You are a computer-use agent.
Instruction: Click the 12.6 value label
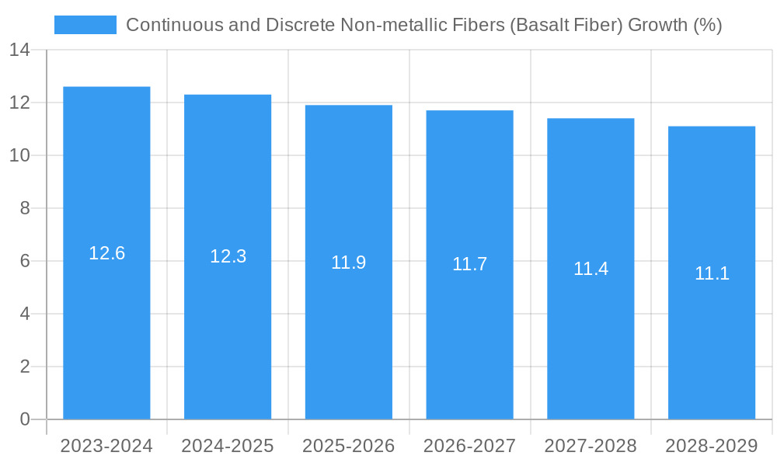point(107,253)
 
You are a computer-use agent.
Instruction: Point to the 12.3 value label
point(228,256)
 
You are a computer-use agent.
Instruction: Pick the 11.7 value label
point(470,264)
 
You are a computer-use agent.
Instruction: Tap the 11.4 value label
point(591,269)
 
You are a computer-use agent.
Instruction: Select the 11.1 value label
point(712,273)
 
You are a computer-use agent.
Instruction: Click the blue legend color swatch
point(85,25)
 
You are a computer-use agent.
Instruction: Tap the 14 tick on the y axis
point(19,50)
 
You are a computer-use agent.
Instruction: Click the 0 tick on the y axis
point(24,419)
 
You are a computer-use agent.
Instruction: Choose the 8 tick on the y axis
point(24,208)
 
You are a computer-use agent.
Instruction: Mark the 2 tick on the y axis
point(24,367)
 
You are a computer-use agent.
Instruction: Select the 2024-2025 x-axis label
point(228,446)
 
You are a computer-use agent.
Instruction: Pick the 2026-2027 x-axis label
point(469,446)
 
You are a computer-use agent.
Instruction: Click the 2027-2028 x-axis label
point(591,446)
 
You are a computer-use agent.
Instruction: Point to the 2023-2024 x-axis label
point(106,446)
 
